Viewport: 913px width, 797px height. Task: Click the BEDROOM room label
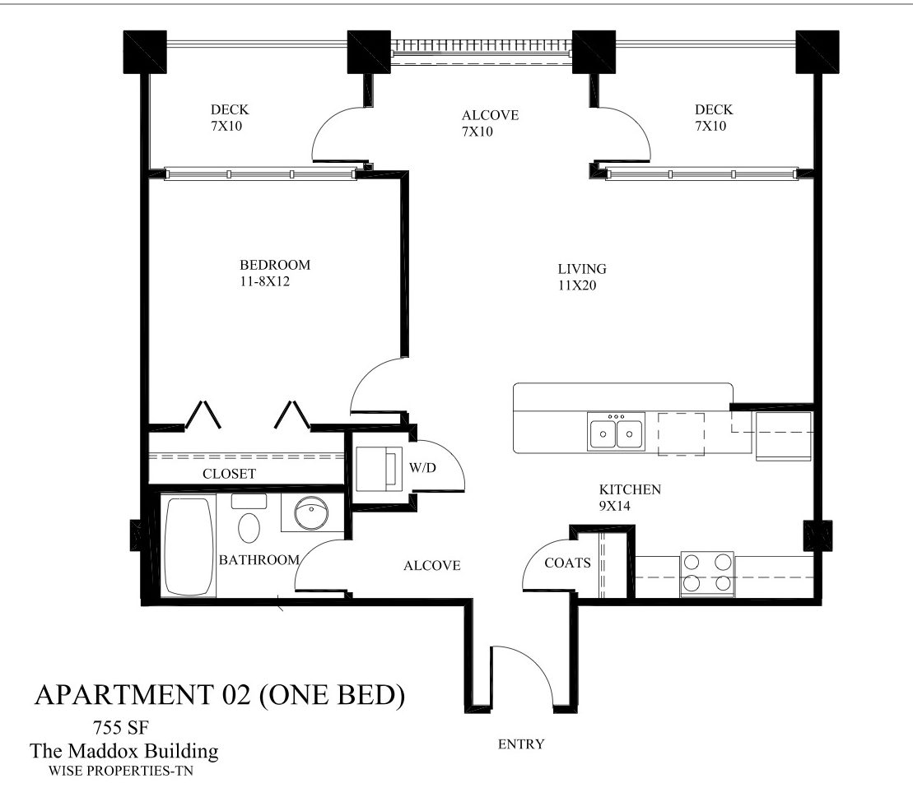(x=275, y=265)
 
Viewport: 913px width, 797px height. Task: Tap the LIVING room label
(x=582, y=269)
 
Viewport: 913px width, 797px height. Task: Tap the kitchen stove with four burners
(x=708, y=572)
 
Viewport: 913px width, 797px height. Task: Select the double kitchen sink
(x=616, y=433)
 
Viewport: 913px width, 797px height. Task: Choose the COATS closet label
(x=567, y=563)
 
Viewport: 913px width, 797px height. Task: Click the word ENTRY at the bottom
(x=521, y=744)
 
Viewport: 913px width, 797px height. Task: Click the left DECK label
(x=230, y=109)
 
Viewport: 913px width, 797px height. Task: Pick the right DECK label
(x=714, y=109)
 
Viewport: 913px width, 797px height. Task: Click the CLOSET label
(x=229, y=474)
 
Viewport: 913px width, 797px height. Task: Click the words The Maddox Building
(x=124, y=750)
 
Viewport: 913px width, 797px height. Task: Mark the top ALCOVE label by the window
(x=490, y=115)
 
